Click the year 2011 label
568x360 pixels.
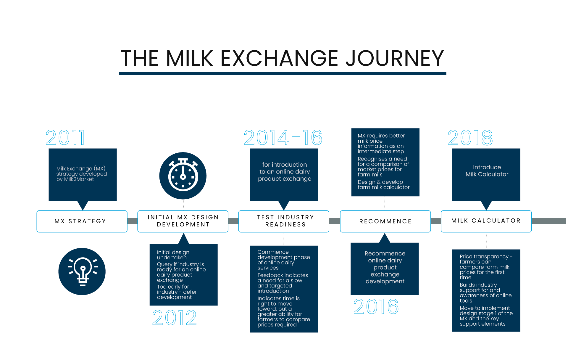point(65,138)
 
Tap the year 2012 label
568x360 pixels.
point(174,318)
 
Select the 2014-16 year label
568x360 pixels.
point(283,138)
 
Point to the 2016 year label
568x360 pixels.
point(376,306)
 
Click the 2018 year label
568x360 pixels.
point(470,138)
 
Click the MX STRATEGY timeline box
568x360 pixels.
point(82,221)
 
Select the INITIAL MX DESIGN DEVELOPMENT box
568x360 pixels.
point(183,221)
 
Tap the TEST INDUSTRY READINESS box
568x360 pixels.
point(284,221)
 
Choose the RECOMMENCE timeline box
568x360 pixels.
point(385,221)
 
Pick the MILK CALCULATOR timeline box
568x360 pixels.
point(486,221)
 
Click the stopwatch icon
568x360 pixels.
point(183,176)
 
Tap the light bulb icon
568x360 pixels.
point(82,271)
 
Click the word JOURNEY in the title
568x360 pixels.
point(395,58)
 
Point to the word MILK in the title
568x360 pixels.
point(189,58)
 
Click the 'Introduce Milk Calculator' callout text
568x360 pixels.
point(487,171)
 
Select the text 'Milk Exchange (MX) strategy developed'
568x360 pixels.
point(82,171)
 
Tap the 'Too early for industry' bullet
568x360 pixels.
point(177,292)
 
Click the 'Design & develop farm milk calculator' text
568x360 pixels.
point(383,184)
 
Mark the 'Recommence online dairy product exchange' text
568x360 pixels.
point(385,267)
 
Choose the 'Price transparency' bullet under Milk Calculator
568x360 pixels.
point(486,267)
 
